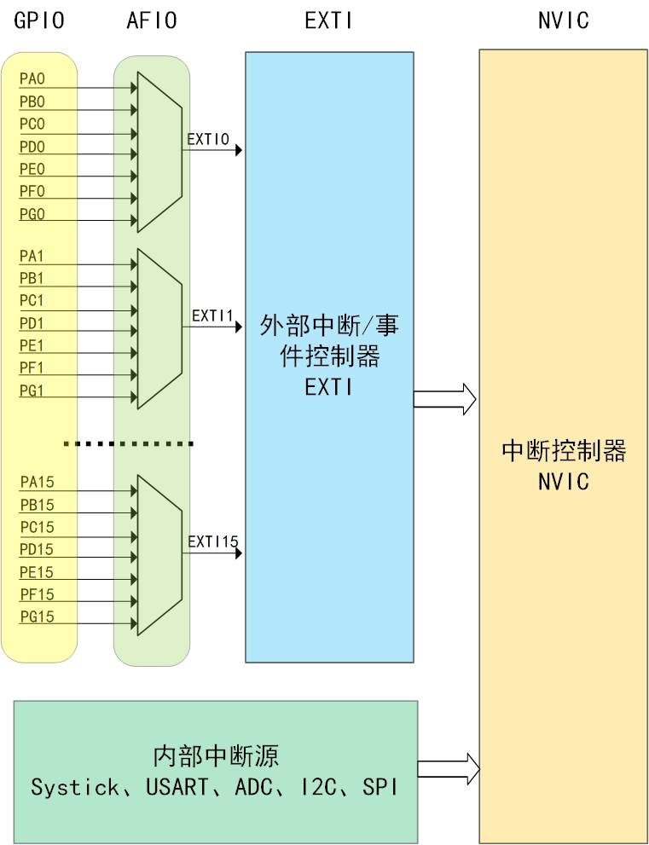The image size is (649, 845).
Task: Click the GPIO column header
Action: coord(39,20)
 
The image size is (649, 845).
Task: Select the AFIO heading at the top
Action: coord(151,20)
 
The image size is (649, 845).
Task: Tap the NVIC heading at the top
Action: coord(563,20)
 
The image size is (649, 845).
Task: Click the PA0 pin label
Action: coord(32,79)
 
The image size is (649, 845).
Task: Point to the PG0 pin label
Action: coord(32,213)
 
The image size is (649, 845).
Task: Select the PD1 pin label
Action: coord(32,324)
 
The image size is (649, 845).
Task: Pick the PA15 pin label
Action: coord(37,483)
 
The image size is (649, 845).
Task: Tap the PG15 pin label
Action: coord(37,616)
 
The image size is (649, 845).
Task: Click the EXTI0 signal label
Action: coord(208,139)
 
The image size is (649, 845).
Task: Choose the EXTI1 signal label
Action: coord(212,315)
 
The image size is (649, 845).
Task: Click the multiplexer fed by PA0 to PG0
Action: coord(159,151)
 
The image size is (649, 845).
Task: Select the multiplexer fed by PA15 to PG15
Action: coord(159,553)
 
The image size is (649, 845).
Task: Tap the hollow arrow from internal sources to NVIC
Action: coord(449,769)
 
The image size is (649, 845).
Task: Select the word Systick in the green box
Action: coord(75,786)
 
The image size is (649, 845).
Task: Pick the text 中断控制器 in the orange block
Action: coord(564,450)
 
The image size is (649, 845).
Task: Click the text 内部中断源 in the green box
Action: coord(216,755)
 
